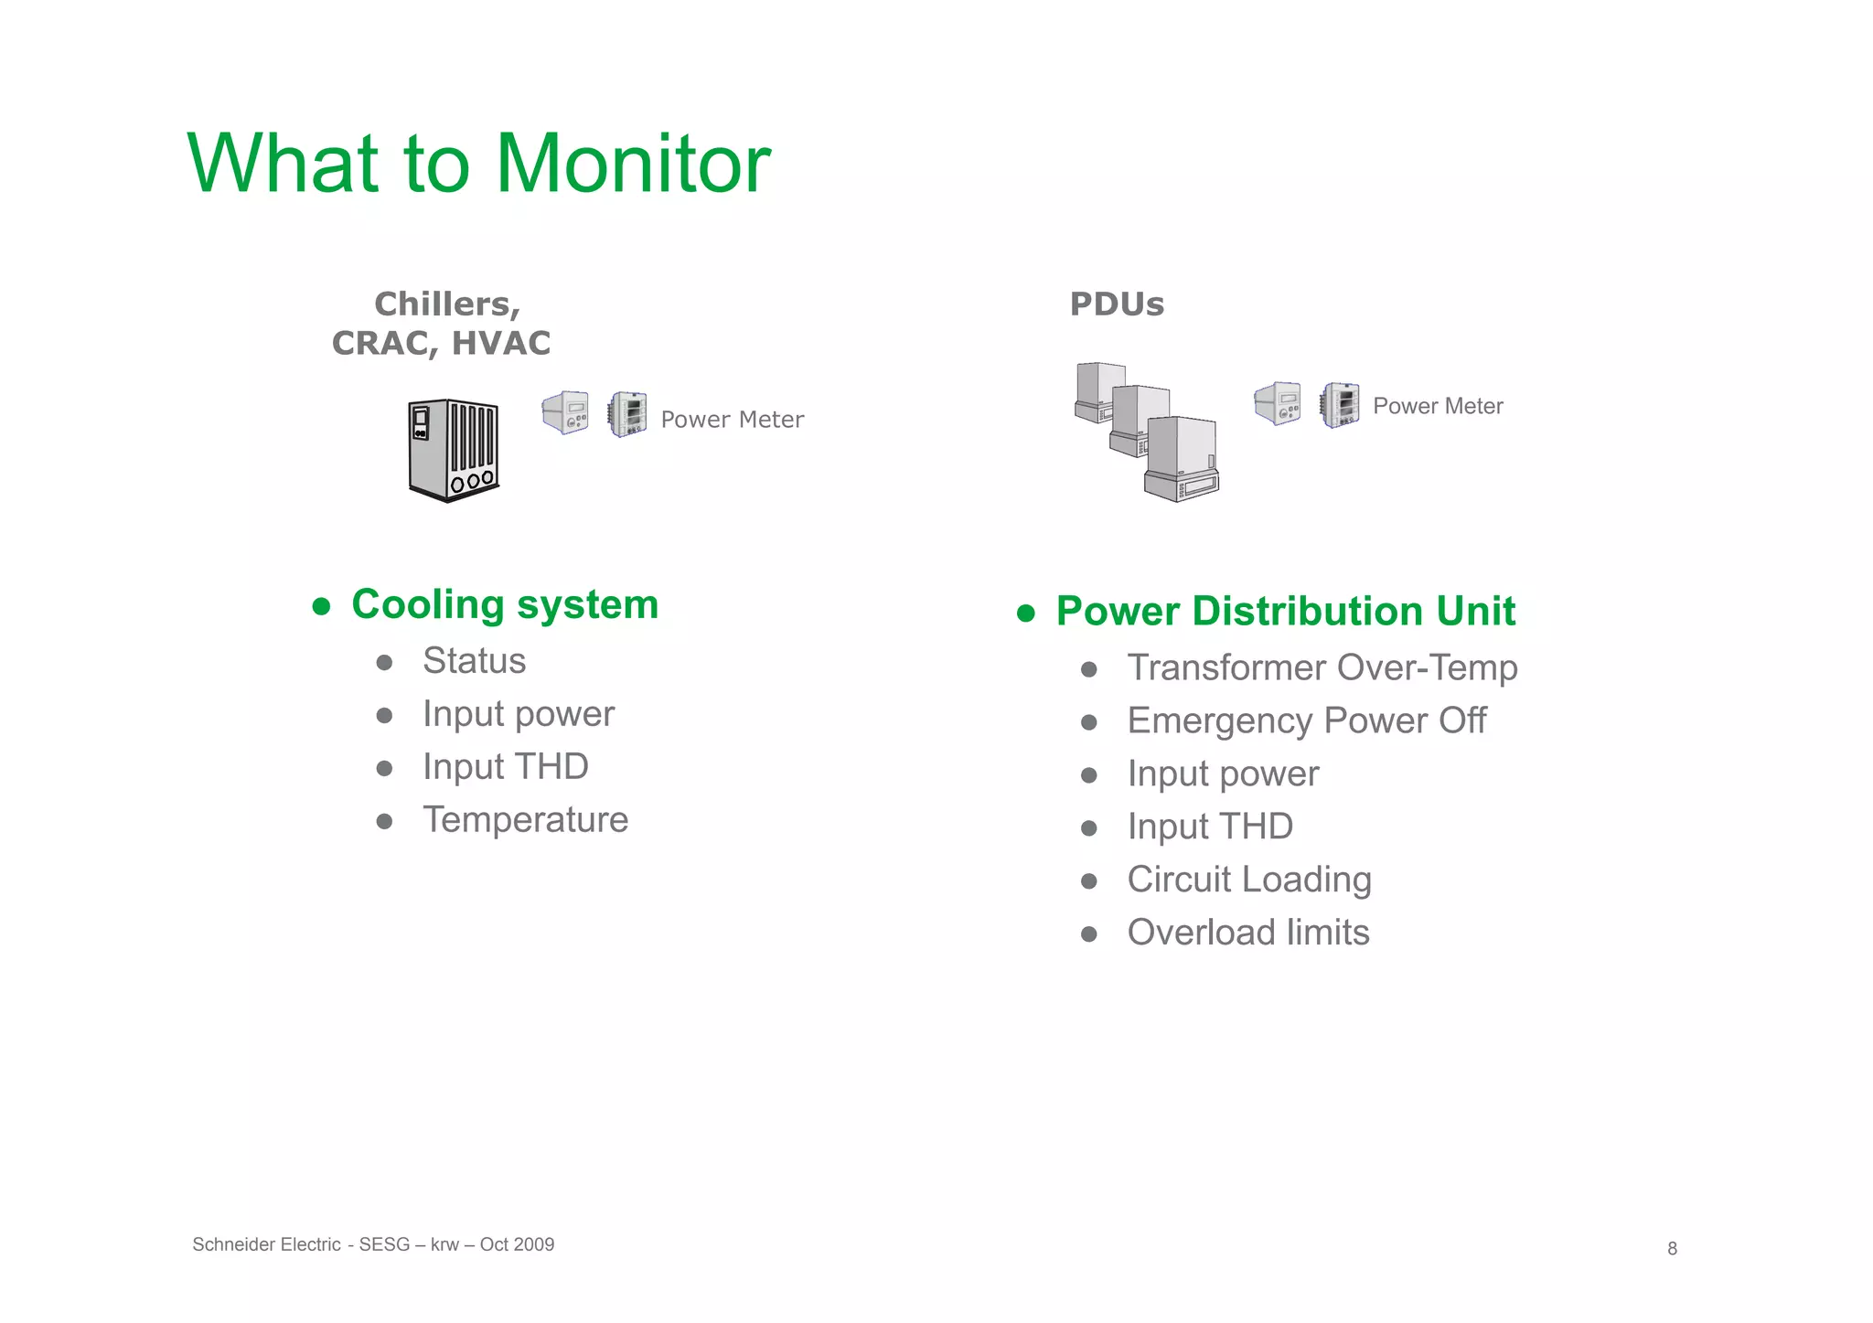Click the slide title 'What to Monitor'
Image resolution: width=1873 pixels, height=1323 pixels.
[478, 164]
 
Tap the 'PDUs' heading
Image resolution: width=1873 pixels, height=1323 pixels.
[1116, 304]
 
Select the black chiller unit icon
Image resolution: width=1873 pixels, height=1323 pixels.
[454, 450]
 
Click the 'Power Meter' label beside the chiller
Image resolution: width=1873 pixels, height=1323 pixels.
[732, 420]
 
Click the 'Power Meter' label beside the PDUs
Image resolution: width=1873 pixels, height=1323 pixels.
[1437, 406]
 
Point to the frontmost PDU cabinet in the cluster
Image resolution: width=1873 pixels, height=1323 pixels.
[1181, 459]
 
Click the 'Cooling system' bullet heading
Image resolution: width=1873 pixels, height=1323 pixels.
[504, 604]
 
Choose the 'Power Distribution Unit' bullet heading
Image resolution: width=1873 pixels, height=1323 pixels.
[1285, 611]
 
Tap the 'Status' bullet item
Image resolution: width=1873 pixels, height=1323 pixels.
[474, 661]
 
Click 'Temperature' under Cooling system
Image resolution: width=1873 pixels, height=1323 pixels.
[525, 819]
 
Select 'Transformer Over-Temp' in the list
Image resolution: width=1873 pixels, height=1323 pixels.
[1322, 667]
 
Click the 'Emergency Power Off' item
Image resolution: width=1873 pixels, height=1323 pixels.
[1306, 720]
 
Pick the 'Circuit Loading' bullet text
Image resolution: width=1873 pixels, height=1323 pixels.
[1248, 880]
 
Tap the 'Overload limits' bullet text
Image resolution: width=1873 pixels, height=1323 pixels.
[1247, 933]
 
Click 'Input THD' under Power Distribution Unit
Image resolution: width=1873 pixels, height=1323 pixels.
[1209, 827]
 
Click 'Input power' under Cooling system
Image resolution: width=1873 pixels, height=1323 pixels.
[518, 714]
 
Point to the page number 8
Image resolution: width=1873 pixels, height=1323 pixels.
[1672, 1249]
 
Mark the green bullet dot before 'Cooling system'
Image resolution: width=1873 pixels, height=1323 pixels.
[321, 606]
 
